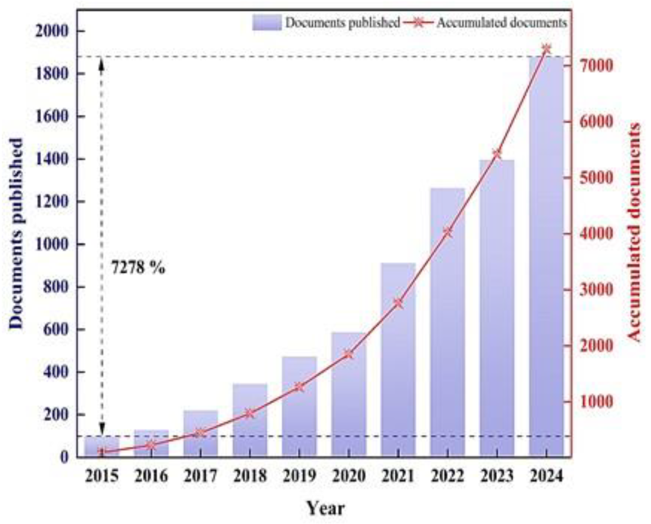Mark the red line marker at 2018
click(250, 413)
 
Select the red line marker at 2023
click(497, 154)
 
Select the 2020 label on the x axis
click(349, 476)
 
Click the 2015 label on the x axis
click(102, 476)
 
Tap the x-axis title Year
click(326, 508)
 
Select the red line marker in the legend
click(418, 23)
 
